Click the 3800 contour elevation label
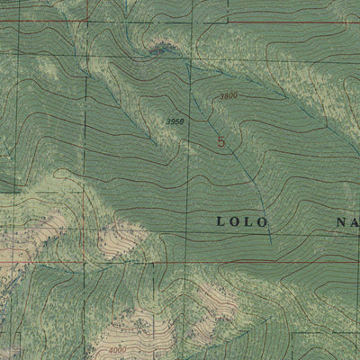tap(227, 95)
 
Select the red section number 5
tap(221, 141)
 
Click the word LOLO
tap(242, 220)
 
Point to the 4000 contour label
tap(116, 351)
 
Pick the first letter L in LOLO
tap(220, 220)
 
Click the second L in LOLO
tap(249, 220)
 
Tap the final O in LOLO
tap(264, 220)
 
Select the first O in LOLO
tap(234, 220)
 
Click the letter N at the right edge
tap(342, 220)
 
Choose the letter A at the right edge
tap(355, 220)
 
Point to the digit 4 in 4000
tap(108, 351)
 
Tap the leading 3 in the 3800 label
tap(219, 95)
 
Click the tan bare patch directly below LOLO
tap(216, 283)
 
